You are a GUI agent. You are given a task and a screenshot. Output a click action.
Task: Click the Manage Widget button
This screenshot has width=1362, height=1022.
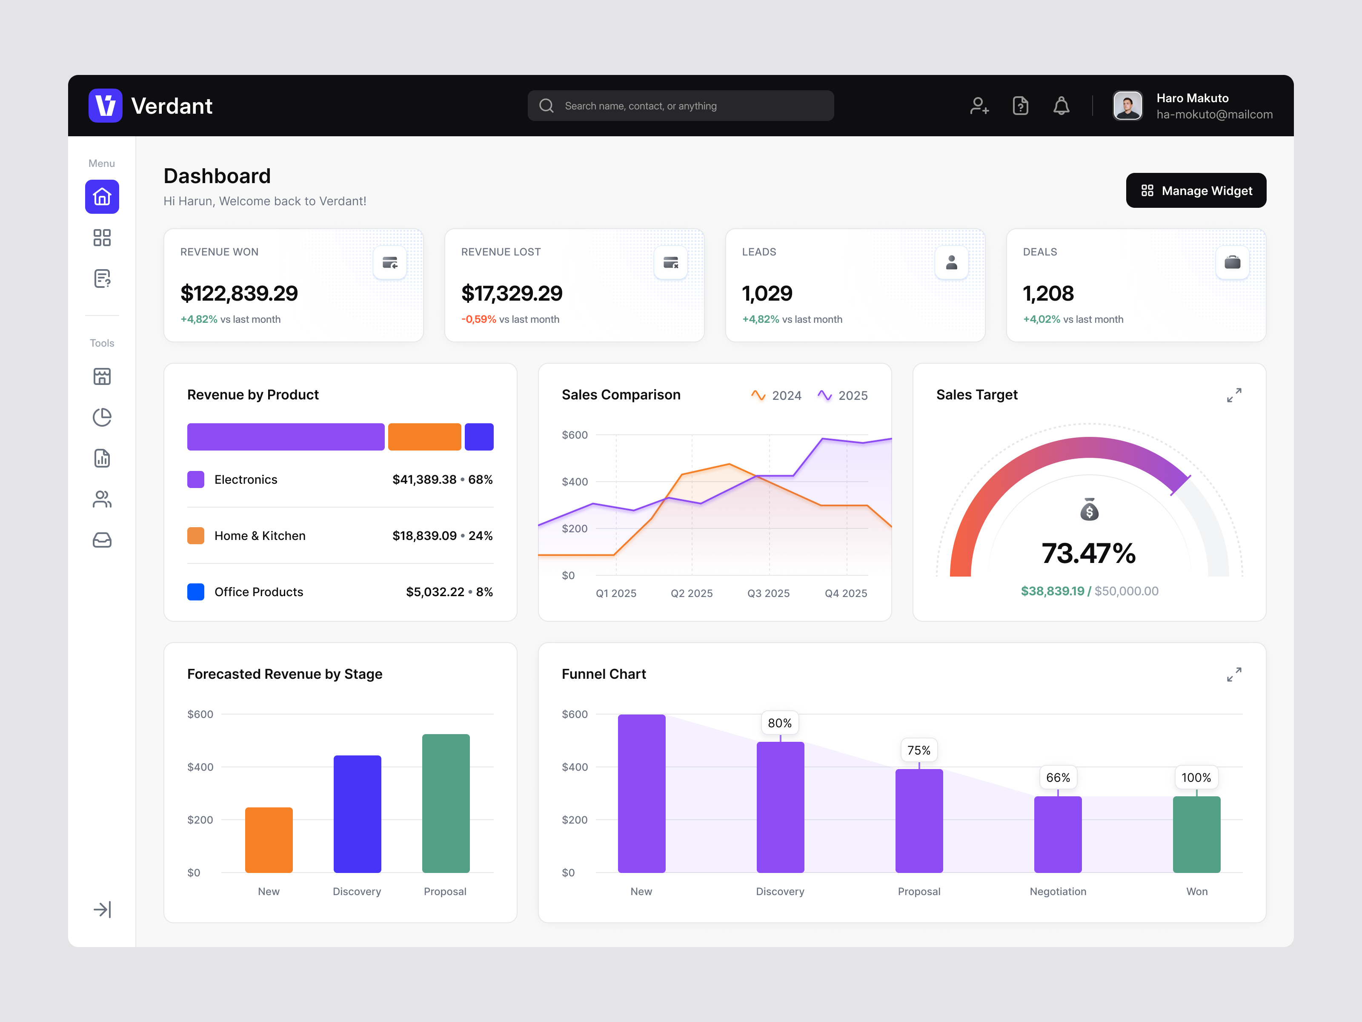[1195, 191]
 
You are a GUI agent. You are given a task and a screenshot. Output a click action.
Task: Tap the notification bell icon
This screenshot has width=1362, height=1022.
[1061, 106]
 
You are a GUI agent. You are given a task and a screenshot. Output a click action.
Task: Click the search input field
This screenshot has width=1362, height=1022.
[681, 106]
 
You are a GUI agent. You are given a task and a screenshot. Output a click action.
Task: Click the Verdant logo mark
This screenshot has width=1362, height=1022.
[105, 106]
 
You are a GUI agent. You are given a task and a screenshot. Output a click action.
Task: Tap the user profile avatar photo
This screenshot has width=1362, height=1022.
[1127, 106]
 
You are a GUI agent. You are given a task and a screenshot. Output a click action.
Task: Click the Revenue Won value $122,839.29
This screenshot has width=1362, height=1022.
[239, 294]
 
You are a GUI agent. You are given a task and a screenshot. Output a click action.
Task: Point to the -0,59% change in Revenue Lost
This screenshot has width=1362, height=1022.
[478, 319]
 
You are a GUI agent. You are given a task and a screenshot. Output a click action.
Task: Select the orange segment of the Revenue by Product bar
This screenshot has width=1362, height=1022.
[424, 437]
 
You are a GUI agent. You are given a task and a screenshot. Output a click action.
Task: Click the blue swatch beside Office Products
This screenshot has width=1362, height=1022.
[196, 592]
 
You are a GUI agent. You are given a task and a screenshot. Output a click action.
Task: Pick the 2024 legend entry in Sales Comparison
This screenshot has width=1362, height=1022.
[776, 396]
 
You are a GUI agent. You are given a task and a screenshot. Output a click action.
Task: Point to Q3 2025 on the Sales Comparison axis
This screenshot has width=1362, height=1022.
[768, 593]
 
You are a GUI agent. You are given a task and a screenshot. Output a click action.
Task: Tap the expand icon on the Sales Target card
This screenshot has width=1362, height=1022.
[1234, 396]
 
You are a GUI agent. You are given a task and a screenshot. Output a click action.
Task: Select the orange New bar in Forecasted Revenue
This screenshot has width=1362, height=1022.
[269, 840]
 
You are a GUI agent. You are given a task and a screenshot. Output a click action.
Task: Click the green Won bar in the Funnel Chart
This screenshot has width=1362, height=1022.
[1196, 834]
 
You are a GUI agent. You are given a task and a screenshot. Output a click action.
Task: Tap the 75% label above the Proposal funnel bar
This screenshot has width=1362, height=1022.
[918, 750]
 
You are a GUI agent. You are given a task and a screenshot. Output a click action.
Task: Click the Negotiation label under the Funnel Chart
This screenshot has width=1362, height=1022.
[1058, 891]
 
